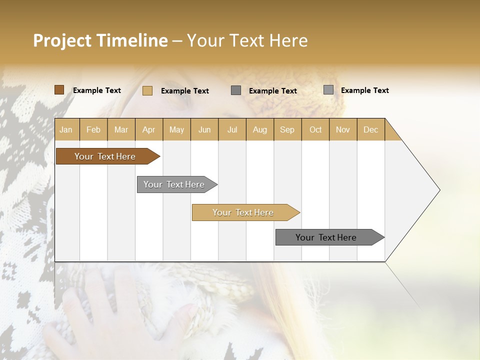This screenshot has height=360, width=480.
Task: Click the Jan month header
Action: point(66,130)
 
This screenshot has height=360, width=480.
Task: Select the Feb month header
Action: point(93,130)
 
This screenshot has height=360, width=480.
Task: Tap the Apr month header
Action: point(148,130)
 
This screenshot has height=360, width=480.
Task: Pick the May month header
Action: point(176,130)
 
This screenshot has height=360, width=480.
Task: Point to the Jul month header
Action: point(232,130)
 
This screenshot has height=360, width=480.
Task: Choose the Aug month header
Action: point(259,130)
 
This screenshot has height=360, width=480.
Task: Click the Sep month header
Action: point(287,130)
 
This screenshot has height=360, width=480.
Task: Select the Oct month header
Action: point(315,130)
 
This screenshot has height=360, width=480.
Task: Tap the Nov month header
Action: point(342,130)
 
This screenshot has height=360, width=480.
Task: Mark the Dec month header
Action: point(370,130)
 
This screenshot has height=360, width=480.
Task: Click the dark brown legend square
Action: point(59,90)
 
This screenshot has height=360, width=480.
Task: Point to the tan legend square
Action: point(147,90)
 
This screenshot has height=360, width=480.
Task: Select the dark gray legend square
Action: point(236,90)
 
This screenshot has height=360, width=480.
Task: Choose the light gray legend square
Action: point(328,90)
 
